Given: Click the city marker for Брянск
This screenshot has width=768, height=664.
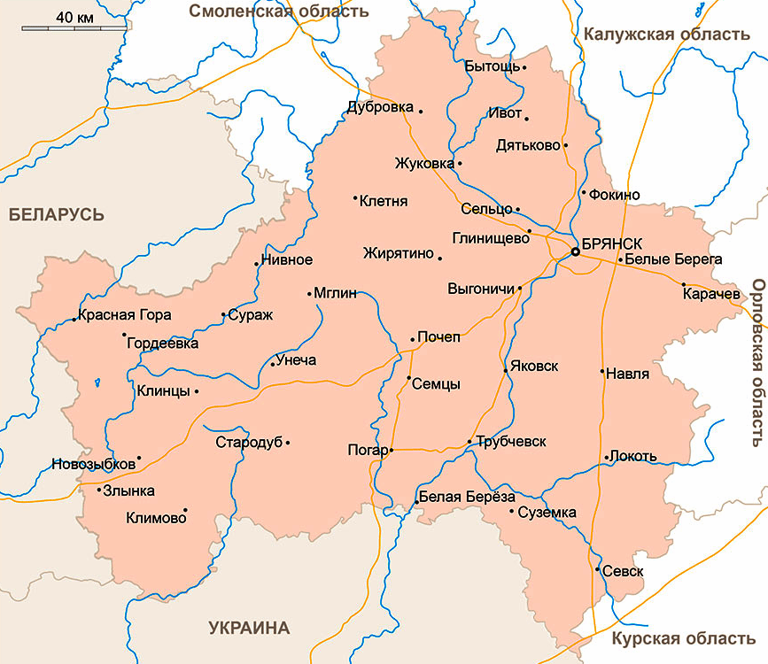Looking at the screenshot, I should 575,252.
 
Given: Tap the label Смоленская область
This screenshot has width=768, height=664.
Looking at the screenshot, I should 279,12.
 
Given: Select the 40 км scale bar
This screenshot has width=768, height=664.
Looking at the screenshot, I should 74,28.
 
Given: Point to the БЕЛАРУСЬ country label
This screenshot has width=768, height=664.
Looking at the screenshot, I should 57,215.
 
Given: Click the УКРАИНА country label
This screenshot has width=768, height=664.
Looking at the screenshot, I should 249,629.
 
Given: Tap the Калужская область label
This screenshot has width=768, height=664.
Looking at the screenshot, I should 667,35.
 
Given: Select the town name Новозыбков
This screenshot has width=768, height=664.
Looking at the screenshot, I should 92,464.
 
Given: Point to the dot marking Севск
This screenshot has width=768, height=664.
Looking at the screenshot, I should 597,568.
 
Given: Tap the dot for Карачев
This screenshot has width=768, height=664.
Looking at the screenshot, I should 684,284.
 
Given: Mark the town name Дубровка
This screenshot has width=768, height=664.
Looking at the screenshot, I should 380,107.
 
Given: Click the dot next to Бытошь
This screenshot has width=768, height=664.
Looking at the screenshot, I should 524,67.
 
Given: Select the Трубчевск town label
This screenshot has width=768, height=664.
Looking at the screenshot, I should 511,442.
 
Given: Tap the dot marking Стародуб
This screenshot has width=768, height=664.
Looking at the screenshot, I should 287,442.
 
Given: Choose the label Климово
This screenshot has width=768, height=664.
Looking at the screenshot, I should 156,518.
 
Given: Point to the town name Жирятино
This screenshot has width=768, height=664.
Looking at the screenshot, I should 399,254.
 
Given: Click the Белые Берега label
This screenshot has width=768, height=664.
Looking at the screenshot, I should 673,259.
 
